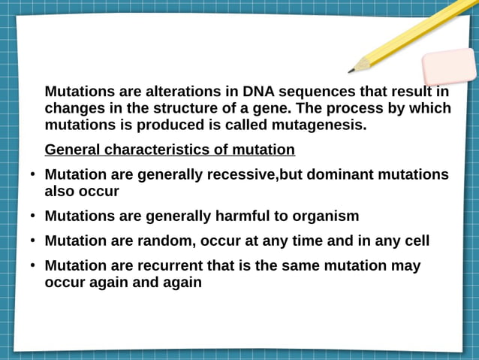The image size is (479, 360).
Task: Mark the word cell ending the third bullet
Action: (416, 241)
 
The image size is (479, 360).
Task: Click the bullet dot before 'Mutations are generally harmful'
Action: (33, 216)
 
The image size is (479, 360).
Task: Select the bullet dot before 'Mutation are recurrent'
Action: (33, 266)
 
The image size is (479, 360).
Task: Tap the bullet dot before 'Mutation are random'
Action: (33, 241)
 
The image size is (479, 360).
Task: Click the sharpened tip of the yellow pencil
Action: (351, 71)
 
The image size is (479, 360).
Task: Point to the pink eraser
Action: (448, 67)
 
